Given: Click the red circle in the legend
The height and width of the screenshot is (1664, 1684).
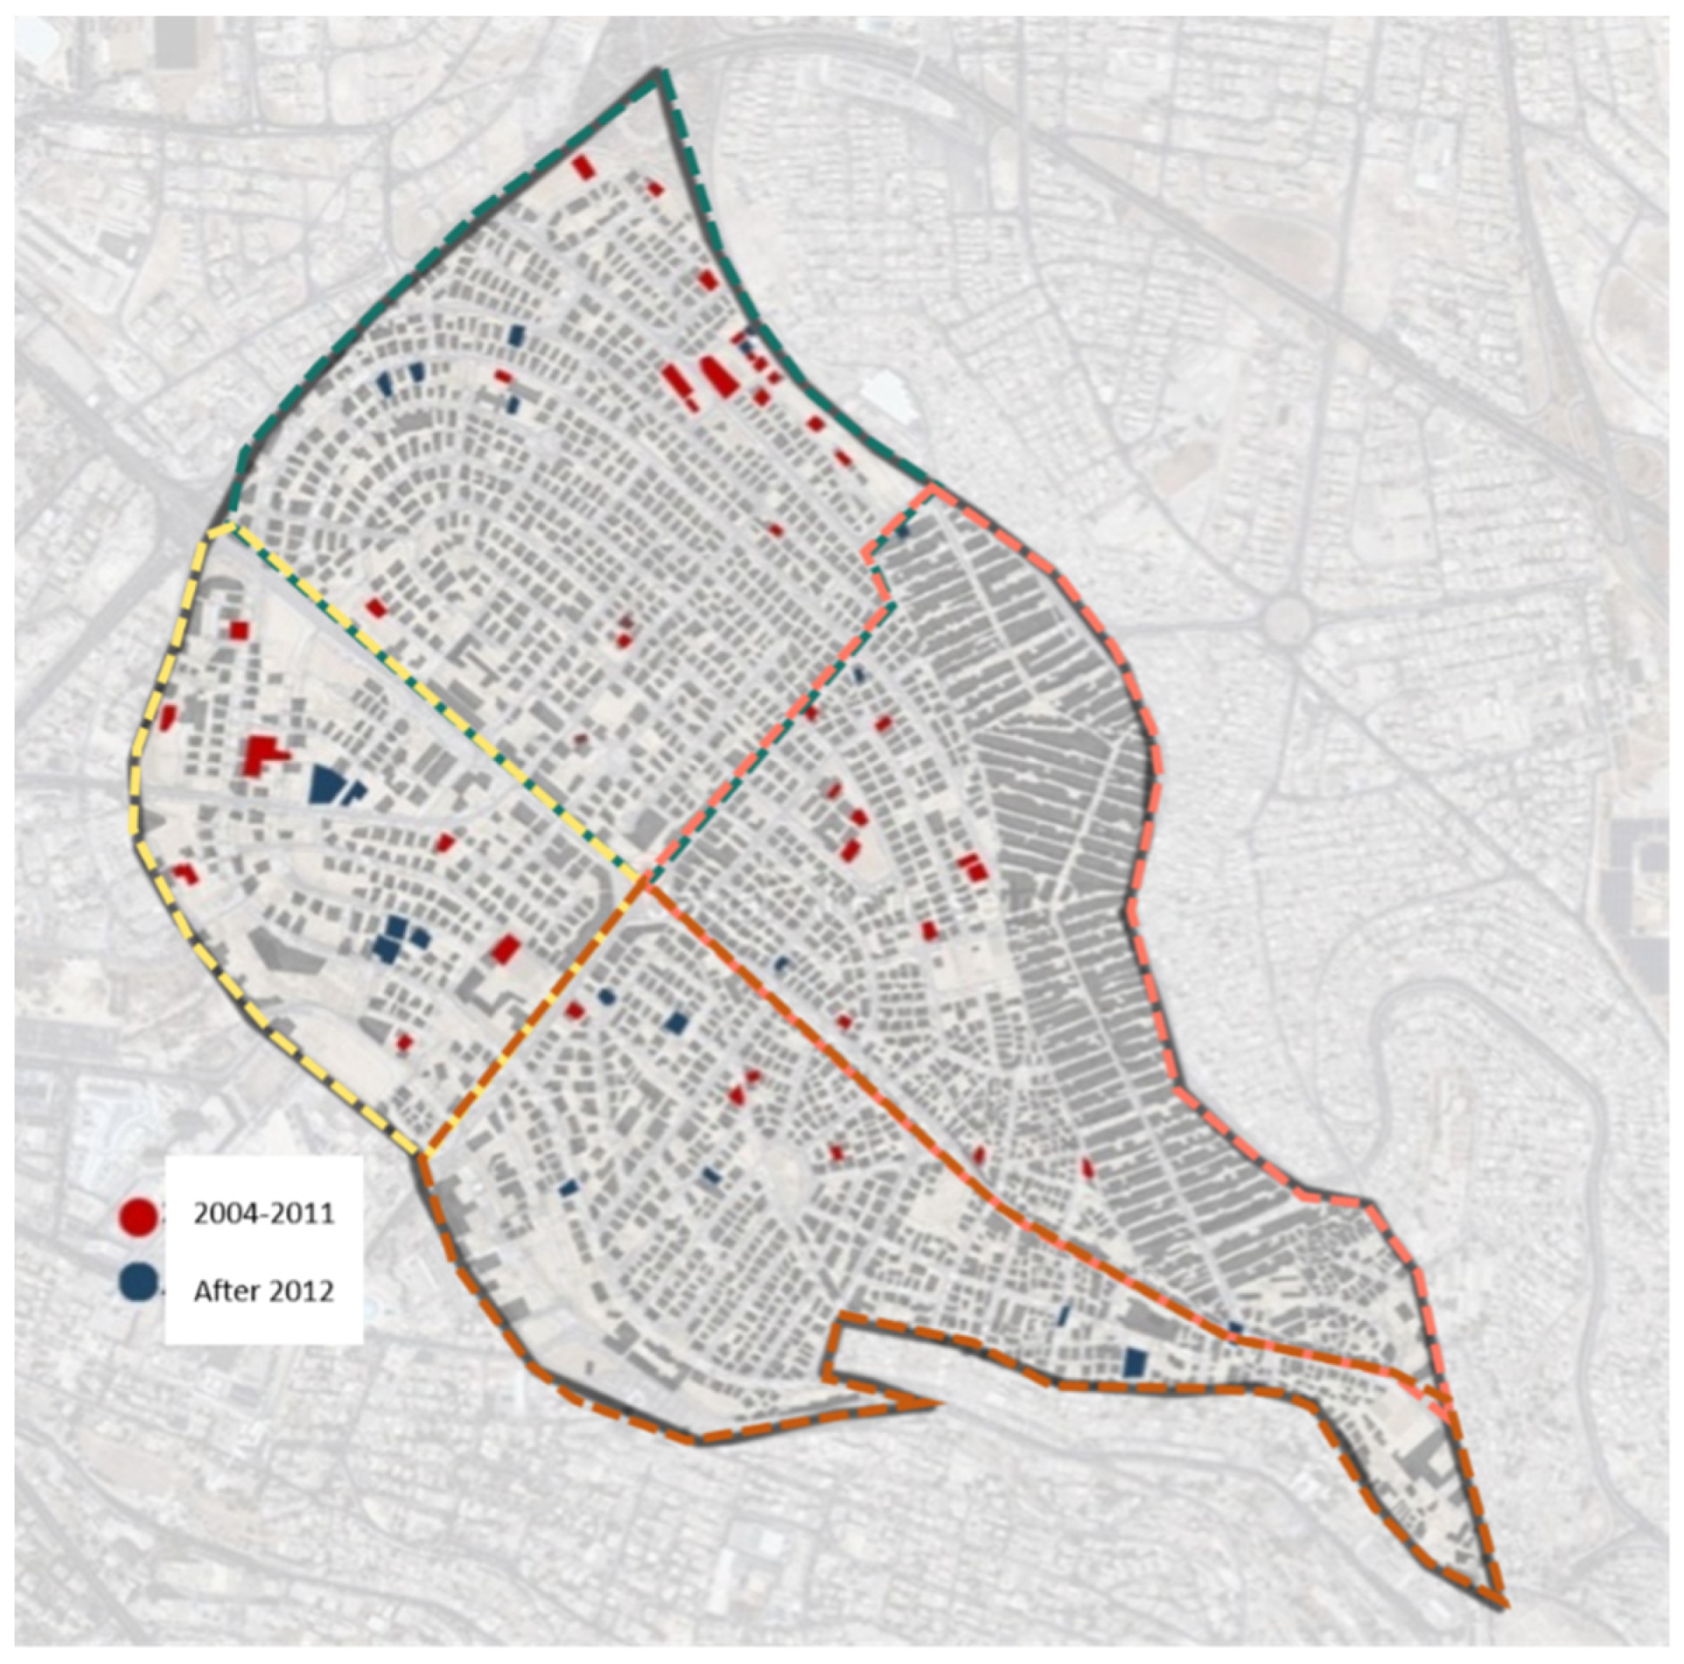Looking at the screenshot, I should [x=139, y=1214].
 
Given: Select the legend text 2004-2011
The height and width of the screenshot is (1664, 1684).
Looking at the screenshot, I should [x=263, y=1212].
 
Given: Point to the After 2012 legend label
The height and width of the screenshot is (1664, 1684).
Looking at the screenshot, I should [x=263, y=1289].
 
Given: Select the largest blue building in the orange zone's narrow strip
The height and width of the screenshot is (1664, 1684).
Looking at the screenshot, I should [x=1134, y=1361].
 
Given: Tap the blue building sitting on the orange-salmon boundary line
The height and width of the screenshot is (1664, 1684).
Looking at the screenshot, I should [x=1234, y=1327].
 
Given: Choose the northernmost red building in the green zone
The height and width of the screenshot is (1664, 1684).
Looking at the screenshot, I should [x=583, y=167].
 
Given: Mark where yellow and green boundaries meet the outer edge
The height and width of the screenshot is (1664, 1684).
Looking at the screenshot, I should [x=228, y=525].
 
